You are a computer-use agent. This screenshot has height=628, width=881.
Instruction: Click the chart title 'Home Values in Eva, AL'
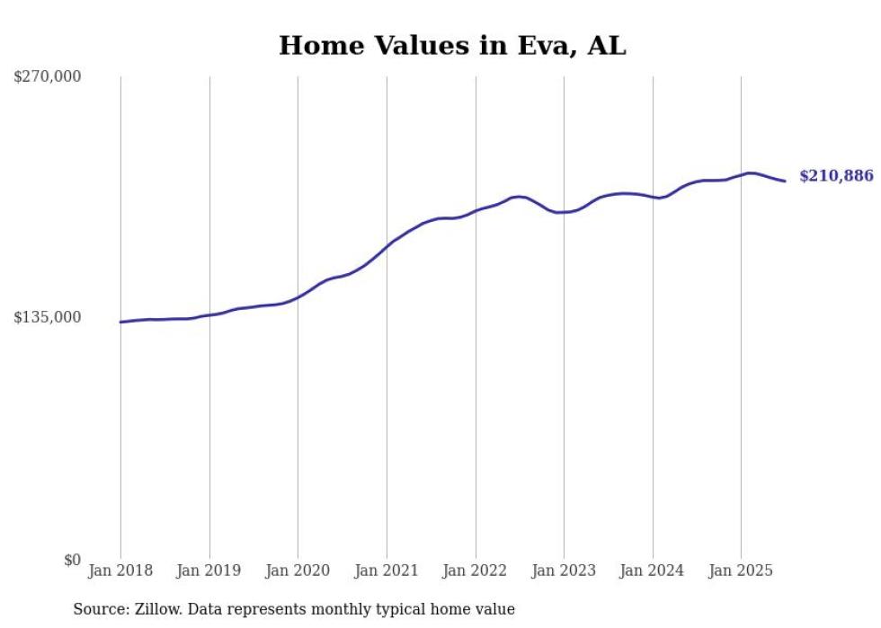[x=452, y=46]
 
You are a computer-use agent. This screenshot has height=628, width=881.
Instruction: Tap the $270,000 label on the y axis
[x=47, y=77]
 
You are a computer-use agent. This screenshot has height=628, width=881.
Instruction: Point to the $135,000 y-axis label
[x=47, y=317]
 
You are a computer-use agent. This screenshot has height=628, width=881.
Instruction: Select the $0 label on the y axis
[x=72, y=560]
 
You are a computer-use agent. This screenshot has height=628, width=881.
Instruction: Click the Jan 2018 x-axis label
[x=120, y=571]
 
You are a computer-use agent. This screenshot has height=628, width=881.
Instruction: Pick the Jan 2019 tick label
[x=209, y=571]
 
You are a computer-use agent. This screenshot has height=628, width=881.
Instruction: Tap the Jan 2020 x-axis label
[x=298, y=571]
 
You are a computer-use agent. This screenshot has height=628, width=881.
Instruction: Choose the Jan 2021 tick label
[x=387, y=571]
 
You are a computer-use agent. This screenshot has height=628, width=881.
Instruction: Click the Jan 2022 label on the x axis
[x=476, y=571]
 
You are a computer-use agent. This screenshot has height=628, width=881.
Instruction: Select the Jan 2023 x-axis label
[x=564, y=571]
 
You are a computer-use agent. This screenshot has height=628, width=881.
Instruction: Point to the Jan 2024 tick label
[x=653, y=571]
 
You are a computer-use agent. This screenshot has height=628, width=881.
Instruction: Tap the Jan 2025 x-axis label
[x=741, y=571]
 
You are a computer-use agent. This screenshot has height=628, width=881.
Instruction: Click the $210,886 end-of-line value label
[x=836, y=176]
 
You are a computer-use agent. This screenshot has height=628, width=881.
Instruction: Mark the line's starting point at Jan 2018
[x=120, y=322]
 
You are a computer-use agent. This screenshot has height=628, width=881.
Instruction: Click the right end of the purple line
[x=785, y=181]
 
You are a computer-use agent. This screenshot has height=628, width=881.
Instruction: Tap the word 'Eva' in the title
[x=545, y=46]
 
